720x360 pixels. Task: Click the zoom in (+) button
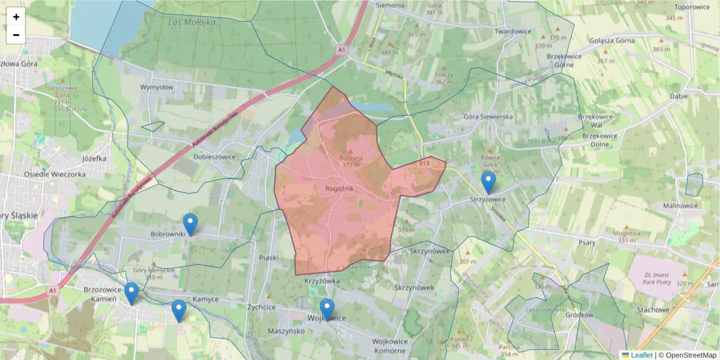16,17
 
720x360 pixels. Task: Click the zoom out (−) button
16,35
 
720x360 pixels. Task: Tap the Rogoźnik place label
340,188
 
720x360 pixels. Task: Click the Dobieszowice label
214,157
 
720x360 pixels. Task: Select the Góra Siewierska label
488,117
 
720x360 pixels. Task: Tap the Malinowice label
680,205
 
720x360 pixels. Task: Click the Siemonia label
389,5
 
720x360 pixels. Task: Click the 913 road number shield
424,163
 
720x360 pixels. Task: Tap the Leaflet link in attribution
641,355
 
